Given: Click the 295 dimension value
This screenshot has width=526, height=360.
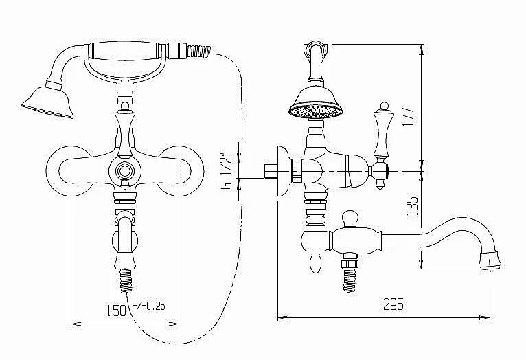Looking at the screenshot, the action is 393,304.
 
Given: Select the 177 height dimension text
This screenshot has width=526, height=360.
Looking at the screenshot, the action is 409,117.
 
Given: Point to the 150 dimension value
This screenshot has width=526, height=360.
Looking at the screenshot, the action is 117,311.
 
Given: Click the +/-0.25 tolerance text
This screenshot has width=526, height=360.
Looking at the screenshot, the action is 149,305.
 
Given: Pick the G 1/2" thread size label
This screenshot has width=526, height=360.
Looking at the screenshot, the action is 227,170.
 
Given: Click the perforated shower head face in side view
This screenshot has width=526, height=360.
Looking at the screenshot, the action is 316,112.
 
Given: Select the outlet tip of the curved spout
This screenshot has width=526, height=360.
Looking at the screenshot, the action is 490,262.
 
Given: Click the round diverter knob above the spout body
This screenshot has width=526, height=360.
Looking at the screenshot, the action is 350,218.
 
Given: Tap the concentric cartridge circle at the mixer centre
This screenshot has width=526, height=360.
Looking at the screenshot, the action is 124,171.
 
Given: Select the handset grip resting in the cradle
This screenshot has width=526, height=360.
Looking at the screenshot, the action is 125,51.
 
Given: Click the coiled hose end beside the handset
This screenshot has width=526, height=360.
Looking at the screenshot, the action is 198,51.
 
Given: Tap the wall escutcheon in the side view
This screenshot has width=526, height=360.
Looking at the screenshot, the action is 283,171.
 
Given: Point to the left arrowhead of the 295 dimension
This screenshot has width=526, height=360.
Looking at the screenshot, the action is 283,317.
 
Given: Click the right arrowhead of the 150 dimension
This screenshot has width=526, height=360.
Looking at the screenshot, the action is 173,324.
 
